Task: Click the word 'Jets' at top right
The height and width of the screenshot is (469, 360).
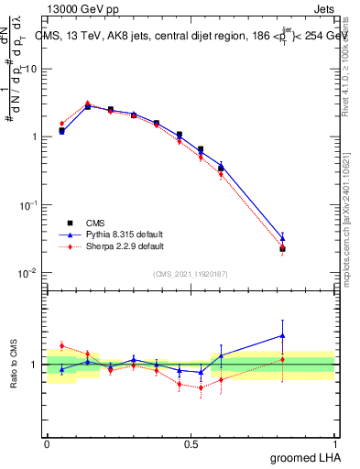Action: click(x=324, y=8)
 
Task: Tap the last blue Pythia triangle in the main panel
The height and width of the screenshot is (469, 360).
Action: click(x=283, y=238)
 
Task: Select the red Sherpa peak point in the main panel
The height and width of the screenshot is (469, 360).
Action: click(x=87, y=104)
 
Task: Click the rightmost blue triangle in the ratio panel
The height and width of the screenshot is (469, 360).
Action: click(x=283, y=335)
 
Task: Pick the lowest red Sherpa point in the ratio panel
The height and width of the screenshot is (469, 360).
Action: click(x=201, y=387)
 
